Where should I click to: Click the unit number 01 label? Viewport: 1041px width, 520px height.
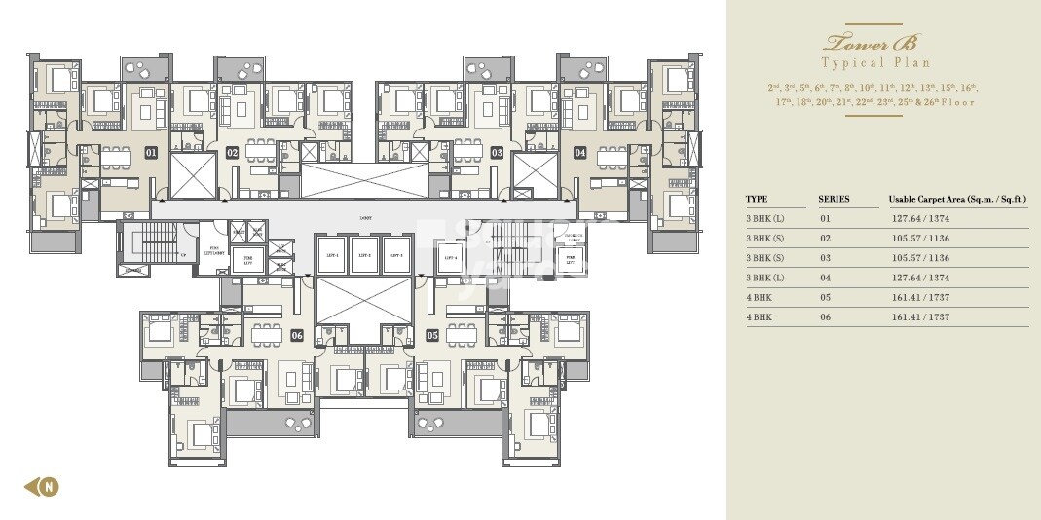(151, 153)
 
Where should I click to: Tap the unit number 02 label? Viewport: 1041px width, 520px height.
(232, 153)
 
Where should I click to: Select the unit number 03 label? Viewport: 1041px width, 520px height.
(497, 153)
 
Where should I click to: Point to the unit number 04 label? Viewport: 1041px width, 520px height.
(579, 153)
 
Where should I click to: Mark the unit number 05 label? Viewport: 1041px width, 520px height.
(432, 335)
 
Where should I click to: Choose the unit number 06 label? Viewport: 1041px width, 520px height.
(297, 335)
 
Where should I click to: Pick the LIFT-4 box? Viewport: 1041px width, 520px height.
(449, 257)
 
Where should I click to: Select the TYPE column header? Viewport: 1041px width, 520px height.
(757, 200)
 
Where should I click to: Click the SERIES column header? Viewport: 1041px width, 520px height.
(834, 200)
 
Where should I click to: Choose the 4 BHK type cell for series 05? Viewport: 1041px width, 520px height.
(760, 297)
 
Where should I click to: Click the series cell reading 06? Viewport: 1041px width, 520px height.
(825, 316)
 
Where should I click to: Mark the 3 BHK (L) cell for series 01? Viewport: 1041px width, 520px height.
(765, 219)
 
